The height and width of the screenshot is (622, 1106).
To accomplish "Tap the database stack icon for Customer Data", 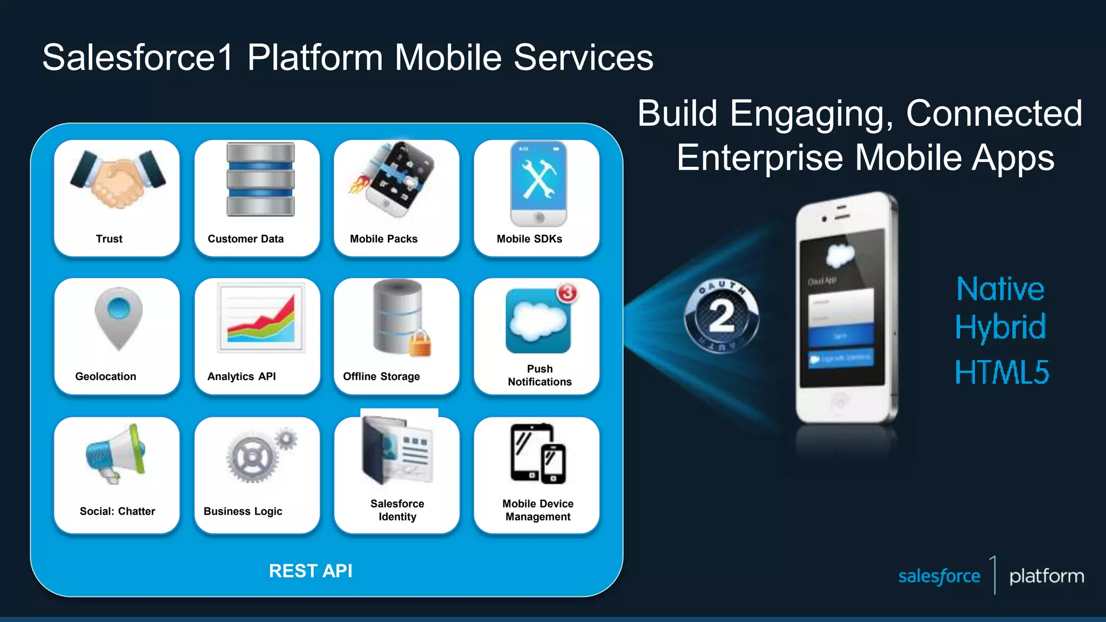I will point(260,179).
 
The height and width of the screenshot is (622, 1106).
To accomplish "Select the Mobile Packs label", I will point(383,239).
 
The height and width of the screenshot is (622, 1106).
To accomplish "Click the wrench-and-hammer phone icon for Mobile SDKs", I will point(538,182).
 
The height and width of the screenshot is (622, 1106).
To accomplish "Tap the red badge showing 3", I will point(567,293).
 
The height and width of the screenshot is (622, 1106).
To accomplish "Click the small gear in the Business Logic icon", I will point(286,438).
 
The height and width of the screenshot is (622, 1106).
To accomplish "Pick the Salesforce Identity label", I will point(397,510).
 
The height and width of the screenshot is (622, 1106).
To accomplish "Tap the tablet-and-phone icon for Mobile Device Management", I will point(538,454).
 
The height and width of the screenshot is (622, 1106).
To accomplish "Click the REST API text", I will point(311,571).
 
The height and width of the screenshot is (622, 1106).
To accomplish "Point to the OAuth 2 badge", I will point(721,316).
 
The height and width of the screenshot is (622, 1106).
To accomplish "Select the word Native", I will point(1000,289).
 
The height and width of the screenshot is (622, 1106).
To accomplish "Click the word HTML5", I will point(1002,372).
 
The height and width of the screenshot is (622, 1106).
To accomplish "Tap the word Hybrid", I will point(1000,327).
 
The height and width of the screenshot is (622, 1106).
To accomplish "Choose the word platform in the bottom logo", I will point(1046,576).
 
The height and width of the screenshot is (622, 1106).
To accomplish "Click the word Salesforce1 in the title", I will point(138,57).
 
